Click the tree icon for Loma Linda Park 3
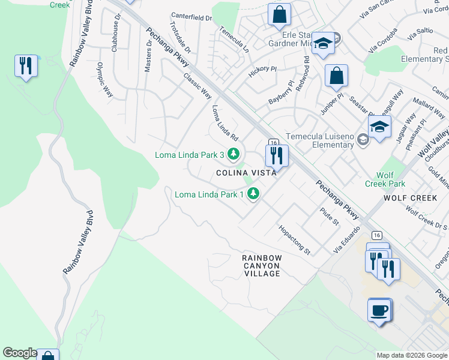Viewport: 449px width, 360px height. pos(234,155)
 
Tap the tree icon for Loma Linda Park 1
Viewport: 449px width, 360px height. pos(254,194)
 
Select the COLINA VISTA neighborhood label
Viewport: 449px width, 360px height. pos(247,172)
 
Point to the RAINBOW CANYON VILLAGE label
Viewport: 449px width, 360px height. pos(261,265)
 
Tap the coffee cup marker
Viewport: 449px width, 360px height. pos(379,311)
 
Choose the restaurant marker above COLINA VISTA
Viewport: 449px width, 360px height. pos(277,156)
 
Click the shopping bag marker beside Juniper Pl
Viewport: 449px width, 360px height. pos(336,76)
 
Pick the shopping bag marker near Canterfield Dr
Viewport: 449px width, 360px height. pos(279,15)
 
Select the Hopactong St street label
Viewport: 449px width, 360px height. pos(294,240)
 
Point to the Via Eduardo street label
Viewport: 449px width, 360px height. pos(346,239)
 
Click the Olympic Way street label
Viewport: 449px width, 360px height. pos(105,80)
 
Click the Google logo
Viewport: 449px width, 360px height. pos(20,353)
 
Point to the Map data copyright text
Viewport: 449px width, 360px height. pos(411,355)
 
